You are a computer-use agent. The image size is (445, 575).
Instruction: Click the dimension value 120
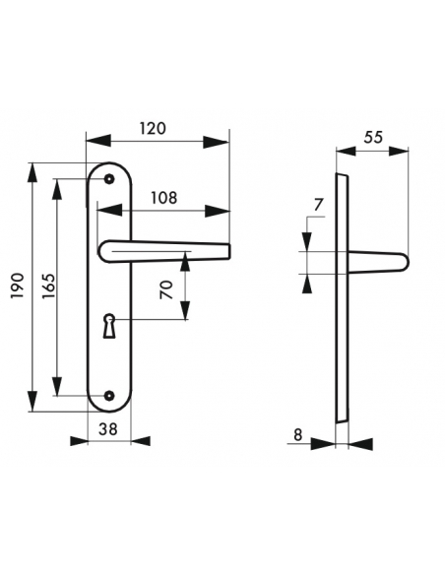(152, 128)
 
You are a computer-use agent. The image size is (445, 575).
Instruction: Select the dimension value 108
(163, 197)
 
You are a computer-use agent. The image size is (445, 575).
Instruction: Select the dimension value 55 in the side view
(372, 138)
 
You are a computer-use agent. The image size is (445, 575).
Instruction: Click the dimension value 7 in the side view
(317, 205)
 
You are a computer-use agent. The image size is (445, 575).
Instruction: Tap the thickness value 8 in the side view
(296, 432)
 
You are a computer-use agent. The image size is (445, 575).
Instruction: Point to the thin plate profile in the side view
(341, 295)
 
